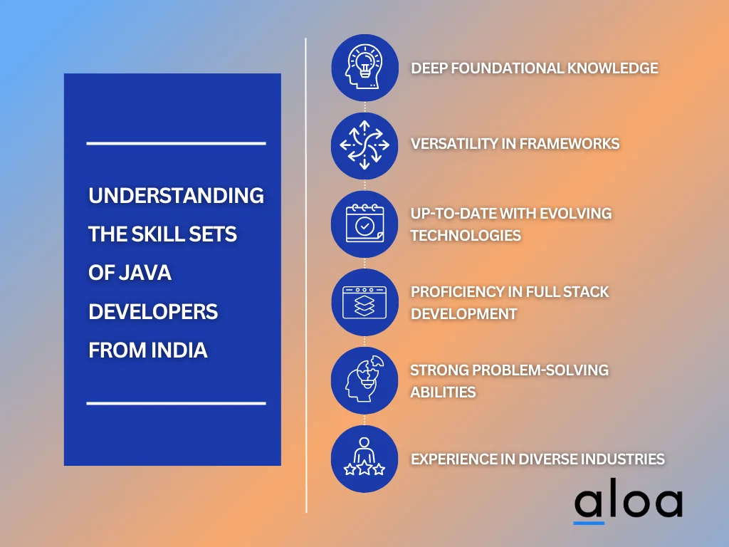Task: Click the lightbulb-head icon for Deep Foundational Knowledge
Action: pyautogui.click(x=364, y=68)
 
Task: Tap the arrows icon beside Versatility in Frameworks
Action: pyautogui.click(x=364, y=145)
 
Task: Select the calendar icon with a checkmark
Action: pyautogui.click(x=364, y=224)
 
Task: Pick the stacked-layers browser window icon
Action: pyautogui.click(x=364, y=302)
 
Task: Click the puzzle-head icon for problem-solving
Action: pyautogui.click(x=364, y=380)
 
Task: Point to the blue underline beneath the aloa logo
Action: pyautogui.click(x=589, y=523)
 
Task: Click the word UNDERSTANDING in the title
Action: pyautogui.click(x=177, y=195)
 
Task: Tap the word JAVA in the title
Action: pyautogui.click(x=145, y=273)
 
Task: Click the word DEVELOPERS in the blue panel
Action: pyautogui.click(x=153, y=312)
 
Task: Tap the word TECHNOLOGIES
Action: pyautogui.click(x=466, y=235)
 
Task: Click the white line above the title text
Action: pyautogui.click(x=177, y=143)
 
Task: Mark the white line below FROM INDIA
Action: pyautogui.click(x=177, y=403)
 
